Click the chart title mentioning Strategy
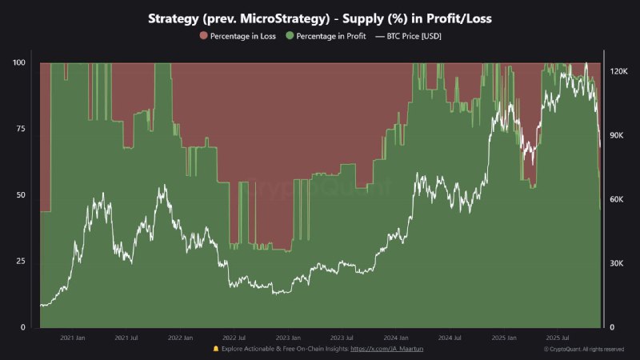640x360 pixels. (320, 18)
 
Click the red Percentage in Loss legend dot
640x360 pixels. (203, 36)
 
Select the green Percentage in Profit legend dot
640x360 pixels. (290, 36)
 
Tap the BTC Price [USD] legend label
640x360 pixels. (413, 36)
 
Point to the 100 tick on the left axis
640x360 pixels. (21, 62)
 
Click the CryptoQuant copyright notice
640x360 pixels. (584, 350)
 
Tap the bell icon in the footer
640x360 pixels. (216, 349)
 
